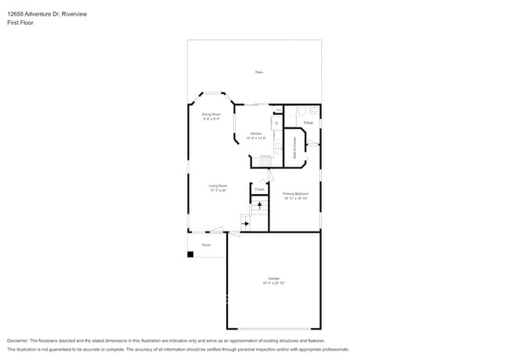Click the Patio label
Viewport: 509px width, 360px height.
(258, 72)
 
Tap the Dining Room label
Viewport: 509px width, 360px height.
(211, 114)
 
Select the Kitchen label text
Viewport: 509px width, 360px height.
(256, 134)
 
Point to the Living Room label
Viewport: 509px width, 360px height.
(218, 185)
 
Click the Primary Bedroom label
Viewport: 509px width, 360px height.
(295, 193)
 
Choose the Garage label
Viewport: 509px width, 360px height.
(273, 278)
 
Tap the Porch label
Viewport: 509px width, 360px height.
(207, 245)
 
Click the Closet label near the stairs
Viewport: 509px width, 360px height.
(259, 189)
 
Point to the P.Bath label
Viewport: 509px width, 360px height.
(309, 123)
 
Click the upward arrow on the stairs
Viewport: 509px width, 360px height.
(259, 205)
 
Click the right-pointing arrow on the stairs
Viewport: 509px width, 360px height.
(245, 224)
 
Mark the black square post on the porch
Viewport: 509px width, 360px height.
(190, 254)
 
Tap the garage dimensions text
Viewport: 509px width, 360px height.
(273, 283)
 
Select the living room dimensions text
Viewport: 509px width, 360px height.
(218, 190)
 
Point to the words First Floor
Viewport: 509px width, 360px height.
(20, 23)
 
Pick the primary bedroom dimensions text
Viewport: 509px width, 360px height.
(295, 198)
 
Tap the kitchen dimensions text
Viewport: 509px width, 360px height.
(256, 139)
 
